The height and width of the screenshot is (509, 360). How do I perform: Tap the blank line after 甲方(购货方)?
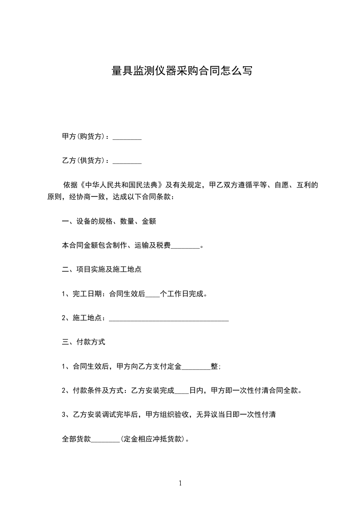[127, 137]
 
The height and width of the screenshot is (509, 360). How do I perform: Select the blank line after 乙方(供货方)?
[127, 161]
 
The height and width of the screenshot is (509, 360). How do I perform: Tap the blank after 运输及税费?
[185, 246]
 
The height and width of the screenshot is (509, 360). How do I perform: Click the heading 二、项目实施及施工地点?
[102, 269]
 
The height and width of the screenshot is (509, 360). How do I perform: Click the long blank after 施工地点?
[169, 319]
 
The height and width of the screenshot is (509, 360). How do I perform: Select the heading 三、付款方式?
[84, 342]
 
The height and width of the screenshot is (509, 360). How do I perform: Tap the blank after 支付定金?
[196, 367]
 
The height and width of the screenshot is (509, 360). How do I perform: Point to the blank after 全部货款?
[105, 440]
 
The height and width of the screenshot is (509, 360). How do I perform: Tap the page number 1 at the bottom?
[180, 484]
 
